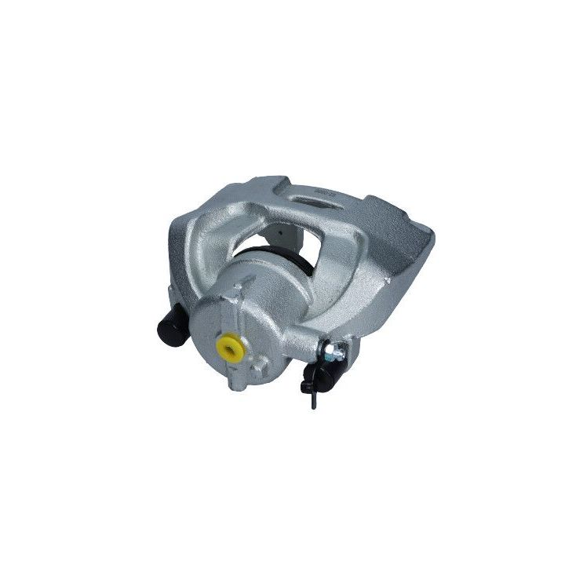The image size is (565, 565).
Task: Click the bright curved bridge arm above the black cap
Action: (x=192, y=251)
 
